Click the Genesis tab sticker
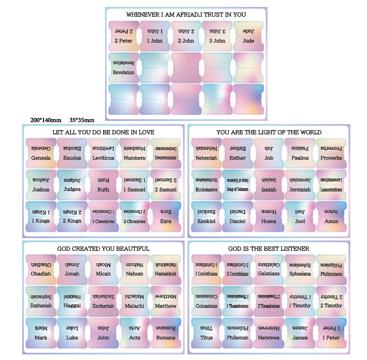point(41,153)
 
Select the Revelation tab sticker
point(124,68)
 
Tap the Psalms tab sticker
point(300,153)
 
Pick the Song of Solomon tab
point(237,185)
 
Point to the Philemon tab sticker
point(237,333)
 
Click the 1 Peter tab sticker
point(331,333)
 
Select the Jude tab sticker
point(249,36)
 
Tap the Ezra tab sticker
point(166,216)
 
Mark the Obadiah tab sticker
point(41,269)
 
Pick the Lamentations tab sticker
point(331,185)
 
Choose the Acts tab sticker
point(135,333)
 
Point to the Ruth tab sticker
point(103,185)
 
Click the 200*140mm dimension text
point(43,120)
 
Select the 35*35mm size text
point(81,120)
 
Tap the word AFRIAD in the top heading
point(183,15)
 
